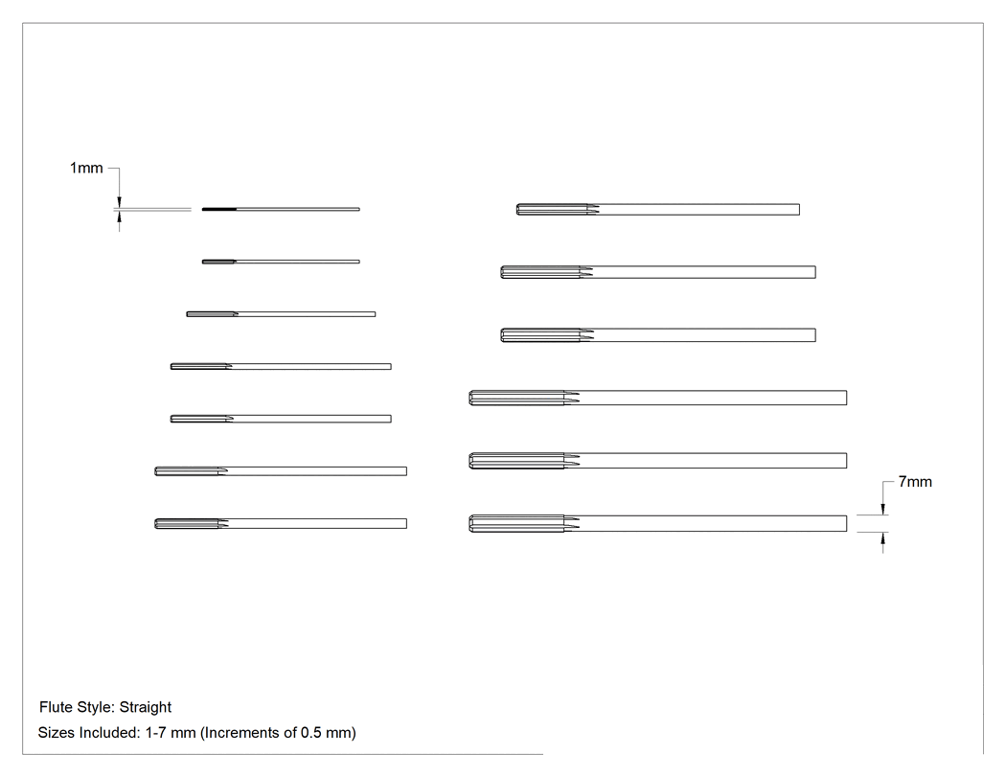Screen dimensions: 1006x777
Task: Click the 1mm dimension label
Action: click(86, 168)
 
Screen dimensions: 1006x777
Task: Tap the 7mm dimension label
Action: click(915, 482)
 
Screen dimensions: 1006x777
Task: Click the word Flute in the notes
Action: click(56, 707)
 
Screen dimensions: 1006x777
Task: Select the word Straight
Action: click(146, 707)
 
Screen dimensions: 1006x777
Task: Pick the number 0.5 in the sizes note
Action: click(310, 733)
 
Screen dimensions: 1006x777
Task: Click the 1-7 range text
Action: click(155, 733)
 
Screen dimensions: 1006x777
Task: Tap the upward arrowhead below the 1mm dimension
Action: click(119, 218)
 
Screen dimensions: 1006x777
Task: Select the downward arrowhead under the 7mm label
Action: click(882, 507)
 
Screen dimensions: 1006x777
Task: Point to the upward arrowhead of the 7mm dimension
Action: click(882, 540)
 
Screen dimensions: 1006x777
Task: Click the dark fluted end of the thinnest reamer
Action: click(218, 209)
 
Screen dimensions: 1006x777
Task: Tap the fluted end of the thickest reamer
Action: click(516, 523)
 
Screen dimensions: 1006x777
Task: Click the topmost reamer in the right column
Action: click(658, 209)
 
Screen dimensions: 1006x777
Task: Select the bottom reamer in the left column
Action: click(281, 523)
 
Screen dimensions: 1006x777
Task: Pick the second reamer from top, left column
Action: click(281, 262)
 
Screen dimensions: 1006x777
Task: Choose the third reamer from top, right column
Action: click(658, 335)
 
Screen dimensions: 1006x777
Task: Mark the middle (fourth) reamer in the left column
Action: click(281, 366)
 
